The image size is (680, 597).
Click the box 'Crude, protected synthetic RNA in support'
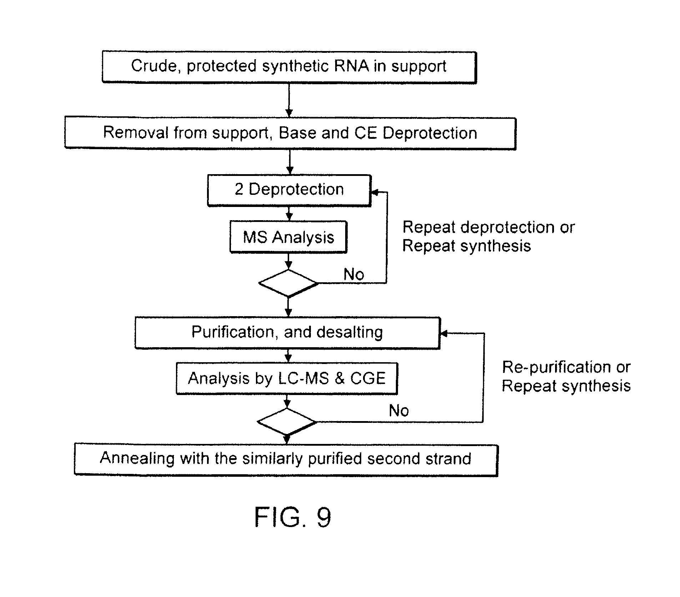[289, 67]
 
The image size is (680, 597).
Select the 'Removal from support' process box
[290, 133]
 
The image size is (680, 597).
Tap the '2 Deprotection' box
[289, 189]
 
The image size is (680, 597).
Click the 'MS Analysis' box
[288, 237]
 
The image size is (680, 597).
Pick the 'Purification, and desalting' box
[287, 332]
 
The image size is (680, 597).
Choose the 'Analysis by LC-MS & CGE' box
[287, 379]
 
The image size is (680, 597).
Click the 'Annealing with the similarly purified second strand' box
[286, 459]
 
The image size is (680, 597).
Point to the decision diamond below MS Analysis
[288, 283]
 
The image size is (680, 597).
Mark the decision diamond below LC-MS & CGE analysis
[287, 422]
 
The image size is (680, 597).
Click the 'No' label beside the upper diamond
[354, 274]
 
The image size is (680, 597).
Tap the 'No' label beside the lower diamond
[399, 411]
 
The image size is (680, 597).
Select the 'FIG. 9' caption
[293, 517]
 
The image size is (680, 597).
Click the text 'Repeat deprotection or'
[488, 227]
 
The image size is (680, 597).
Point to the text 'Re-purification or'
[566, 367]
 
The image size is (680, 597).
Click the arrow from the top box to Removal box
[289, 100]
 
